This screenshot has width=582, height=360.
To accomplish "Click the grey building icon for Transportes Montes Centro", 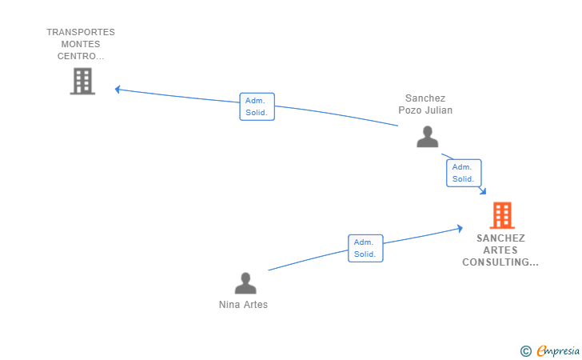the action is tap(82, 81).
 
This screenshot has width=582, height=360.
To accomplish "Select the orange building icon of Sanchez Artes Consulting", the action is tap(502, 215).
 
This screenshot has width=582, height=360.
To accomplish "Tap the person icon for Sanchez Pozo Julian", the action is tap(427, 136).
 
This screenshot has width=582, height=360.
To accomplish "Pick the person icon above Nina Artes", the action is tap(245, 283).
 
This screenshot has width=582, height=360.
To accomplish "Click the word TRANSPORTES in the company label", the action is tap(81, 32).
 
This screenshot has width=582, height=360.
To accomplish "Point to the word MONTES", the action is tap(81, 44).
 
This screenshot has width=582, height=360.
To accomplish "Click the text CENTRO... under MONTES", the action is tap(81, 56).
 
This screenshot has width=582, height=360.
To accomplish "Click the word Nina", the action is tap(229, 305).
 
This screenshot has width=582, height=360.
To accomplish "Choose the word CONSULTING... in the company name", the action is tap(500, 262).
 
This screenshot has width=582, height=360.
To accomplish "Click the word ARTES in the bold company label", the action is tap(500, 250).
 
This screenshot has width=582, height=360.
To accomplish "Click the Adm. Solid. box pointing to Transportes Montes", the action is tap(257, 106).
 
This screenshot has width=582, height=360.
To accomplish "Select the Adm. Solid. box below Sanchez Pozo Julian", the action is tap(464, 173).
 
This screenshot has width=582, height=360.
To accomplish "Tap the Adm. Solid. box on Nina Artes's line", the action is tap(365, 248).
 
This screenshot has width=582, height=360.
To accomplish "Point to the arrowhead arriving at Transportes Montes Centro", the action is tap(118, 89).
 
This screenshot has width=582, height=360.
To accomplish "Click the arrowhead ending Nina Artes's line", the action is tap(460, 228).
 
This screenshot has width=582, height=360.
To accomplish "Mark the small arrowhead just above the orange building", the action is tap(483, 191).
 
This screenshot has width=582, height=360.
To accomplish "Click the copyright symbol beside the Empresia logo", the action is tap(525, 351).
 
